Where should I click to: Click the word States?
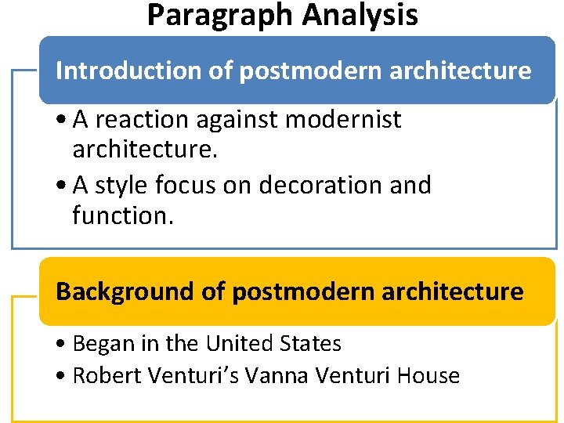tap(311, 344)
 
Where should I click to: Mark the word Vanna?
tap(278, 376)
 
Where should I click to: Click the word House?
tap(428, 376)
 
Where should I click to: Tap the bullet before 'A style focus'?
tap(60, 186)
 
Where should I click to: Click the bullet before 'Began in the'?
tap(60, 345)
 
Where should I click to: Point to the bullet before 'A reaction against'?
tap(60, 121)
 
